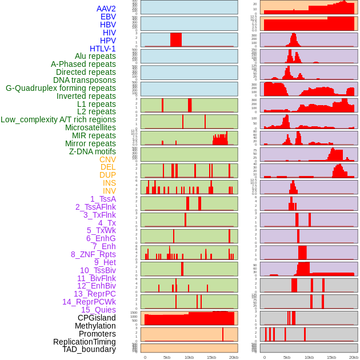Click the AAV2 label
(106, 9)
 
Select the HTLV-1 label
(103, 49)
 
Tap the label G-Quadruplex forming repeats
(61, 88)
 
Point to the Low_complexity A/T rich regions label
(58, 119)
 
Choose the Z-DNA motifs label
(93, 151)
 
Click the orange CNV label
(107, 159)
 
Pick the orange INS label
(109, 183)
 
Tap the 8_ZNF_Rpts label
(93, 254)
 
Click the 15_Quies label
(98, 310)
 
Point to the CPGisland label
(97, 318)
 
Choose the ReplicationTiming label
(85, 342)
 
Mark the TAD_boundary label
(89, 349)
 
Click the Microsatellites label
(90, 127)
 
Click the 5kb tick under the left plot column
(167, 357)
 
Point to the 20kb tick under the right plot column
(354, 357)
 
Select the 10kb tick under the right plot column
(309, 357)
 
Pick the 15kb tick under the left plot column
(211, 357)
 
